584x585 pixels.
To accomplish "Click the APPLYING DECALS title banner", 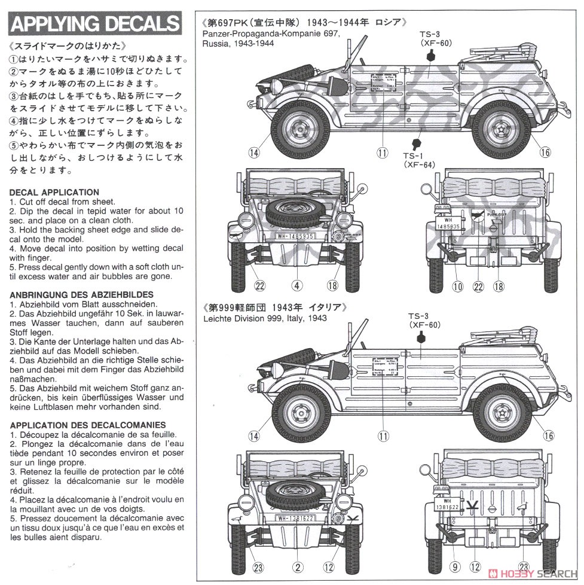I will click(x=96, y=24).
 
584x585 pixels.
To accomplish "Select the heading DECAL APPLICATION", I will click(x=54, y=192).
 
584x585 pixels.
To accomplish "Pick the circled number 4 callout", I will click(x=297, y=287).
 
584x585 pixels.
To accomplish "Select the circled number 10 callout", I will click(x=457, y=287).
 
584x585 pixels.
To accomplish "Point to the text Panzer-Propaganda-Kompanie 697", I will click(x=271, y=33).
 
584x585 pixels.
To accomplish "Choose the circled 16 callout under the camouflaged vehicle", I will click(x=544, y=152).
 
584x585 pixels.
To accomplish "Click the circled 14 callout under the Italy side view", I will click(x=255, y=436).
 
